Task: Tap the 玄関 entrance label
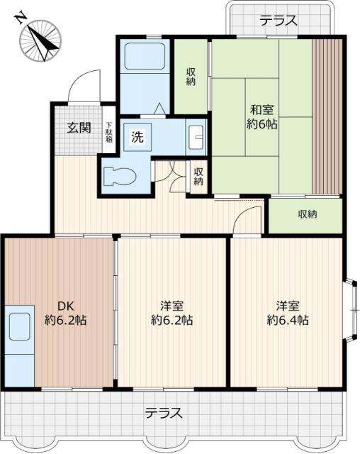coord(79,128)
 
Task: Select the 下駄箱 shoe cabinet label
coord(109,133)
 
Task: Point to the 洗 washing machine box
coord(137,138)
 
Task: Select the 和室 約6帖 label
coord(262,117)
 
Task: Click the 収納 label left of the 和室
coord(191,77)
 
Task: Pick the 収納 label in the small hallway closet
coord(198,176)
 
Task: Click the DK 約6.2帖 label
coord(67,313)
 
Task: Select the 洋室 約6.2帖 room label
coord(171,313)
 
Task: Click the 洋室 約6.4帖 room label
coord(288,313)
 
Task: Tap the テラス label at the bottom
coord(165,413)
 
